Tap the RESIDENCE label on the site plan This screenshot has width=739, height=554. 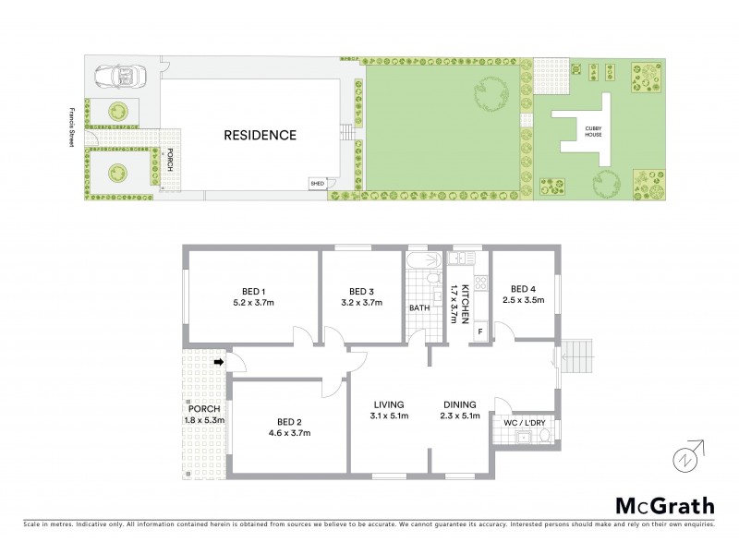pos(260,135)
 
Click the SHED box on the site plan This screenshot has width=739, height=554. pos(317,184)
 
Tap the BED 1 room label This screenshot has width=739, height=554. pos(248,287)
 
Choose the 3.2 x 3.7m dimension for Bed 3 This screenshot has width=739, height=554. pos(361,302)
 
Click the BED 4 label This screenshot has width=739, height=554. pos(523,287)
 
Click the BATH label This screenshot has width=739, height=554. pos(420,307)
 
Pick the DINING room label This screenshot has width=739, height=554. pos(458,404)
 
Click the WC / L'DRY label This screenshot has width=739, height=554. pos(525,422)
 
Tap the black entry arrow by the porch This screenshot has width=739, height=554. pos(219,363)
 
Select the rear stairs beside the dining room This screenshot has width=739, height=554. pos(578,355)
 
